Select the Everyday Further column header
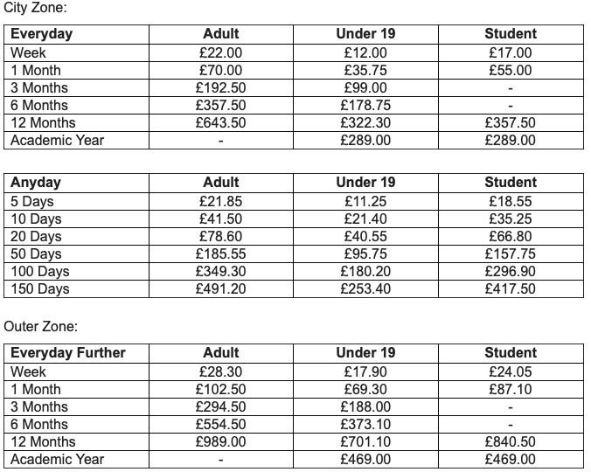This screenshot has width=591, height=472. point(68,353)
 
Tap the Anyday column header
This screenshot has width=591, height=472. point(36,183)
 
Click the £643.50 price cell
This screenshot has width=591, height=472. point(220,122)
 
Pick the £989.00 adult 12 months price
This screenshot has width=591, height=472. point(220,441)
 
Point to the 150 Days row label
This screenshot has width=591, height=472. point(40,288)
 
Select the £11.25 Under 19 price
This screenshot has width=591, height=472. point(365,201)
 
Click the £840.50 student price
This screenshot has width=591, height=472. point(510,441)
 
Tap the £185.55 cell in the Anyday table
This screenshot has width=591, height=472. point(220,253)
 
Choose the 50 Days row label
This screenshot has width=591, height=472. point(37,253)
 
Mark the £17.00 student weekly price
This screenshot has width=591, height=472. point(510,52)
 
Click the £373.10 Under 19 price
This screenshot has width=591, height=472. point(365,424)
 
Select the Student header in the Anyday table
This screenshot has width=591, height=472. point(510,183)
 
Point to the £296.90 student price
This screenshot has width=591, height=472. point(510,271)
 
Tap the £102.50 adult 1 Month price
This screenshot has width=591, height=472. point(220,389)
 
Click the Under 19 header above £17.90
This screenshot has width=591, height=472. point(365,353)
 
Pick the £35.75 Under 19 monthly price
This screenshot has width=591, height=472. point(365,70)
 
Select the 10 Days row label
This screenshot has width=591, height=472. point(37,219)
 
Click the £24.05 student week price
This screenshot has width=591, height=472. point(510,371)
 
